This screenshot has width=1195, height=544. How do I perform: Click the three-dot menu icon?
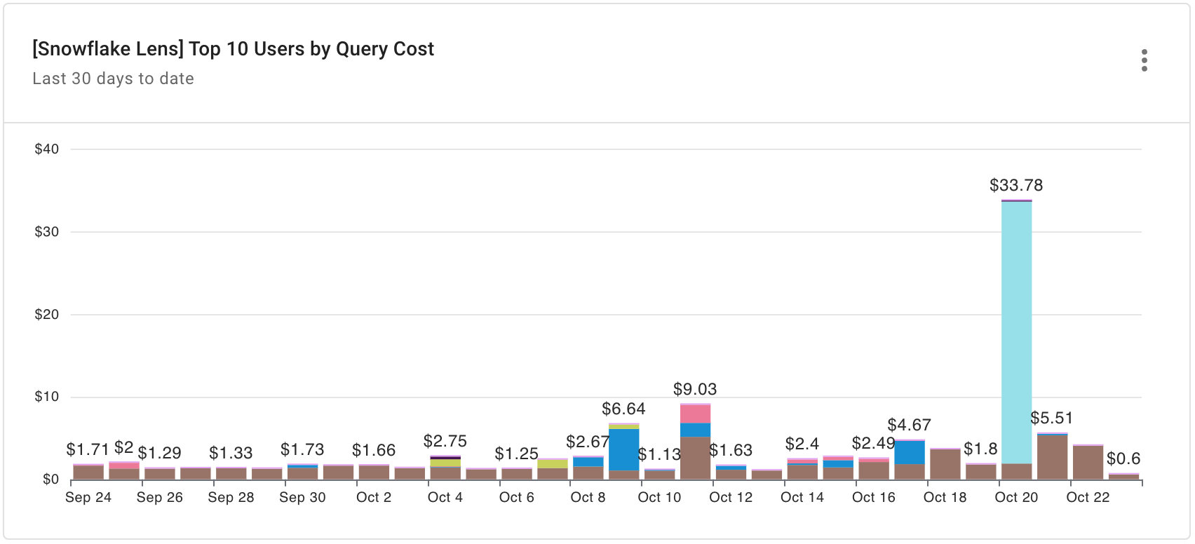coord(1144,60)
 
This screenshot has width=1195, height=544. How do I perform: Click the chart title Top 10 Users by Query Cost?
coord(233,49)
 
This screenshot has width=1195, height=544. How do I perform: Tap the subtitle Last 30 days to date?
coord(113,79)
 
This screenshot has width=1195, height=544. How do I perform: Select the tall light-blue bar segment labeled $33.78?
coord(1016,329)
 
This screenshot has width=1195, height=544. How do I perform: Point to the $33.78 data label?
coord(1015,185)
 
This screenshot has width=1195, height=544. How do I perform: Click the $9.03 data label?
coord(694,389)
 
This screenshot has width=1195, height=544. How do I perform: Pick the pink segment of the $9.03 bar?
coord(695,414)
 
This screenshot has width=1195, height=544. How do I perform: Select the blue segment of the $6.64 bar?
coord(623,449)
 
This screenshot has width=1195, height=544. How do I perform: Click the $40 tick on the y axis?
coord(47,149)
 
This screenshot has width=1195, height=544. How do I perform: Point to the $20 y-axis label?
coord(47,314)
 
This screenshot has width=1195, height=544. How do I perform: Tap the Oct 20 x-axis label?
coord(1015,497)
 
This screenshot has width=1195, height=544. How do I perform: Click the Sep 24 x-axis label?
coord(88,497)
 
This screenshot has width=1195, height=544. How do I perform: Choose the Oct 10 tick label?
coord(659,497)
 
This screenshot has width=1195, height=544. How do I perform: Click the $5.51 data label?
coord(1051,418)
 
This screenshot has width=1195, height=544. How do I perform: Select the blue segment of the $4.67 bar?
coord(909,452)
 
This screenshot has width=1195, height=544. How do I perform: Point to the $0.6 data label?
coord(1123,458)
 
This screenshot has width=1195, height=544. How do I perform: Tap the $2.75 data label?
coord(445,441)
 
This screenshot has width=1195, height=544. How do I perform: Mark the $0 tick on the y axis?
coord(50,480)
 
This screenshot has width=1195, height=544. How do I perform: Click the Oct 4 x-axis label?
coord(445,497)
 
